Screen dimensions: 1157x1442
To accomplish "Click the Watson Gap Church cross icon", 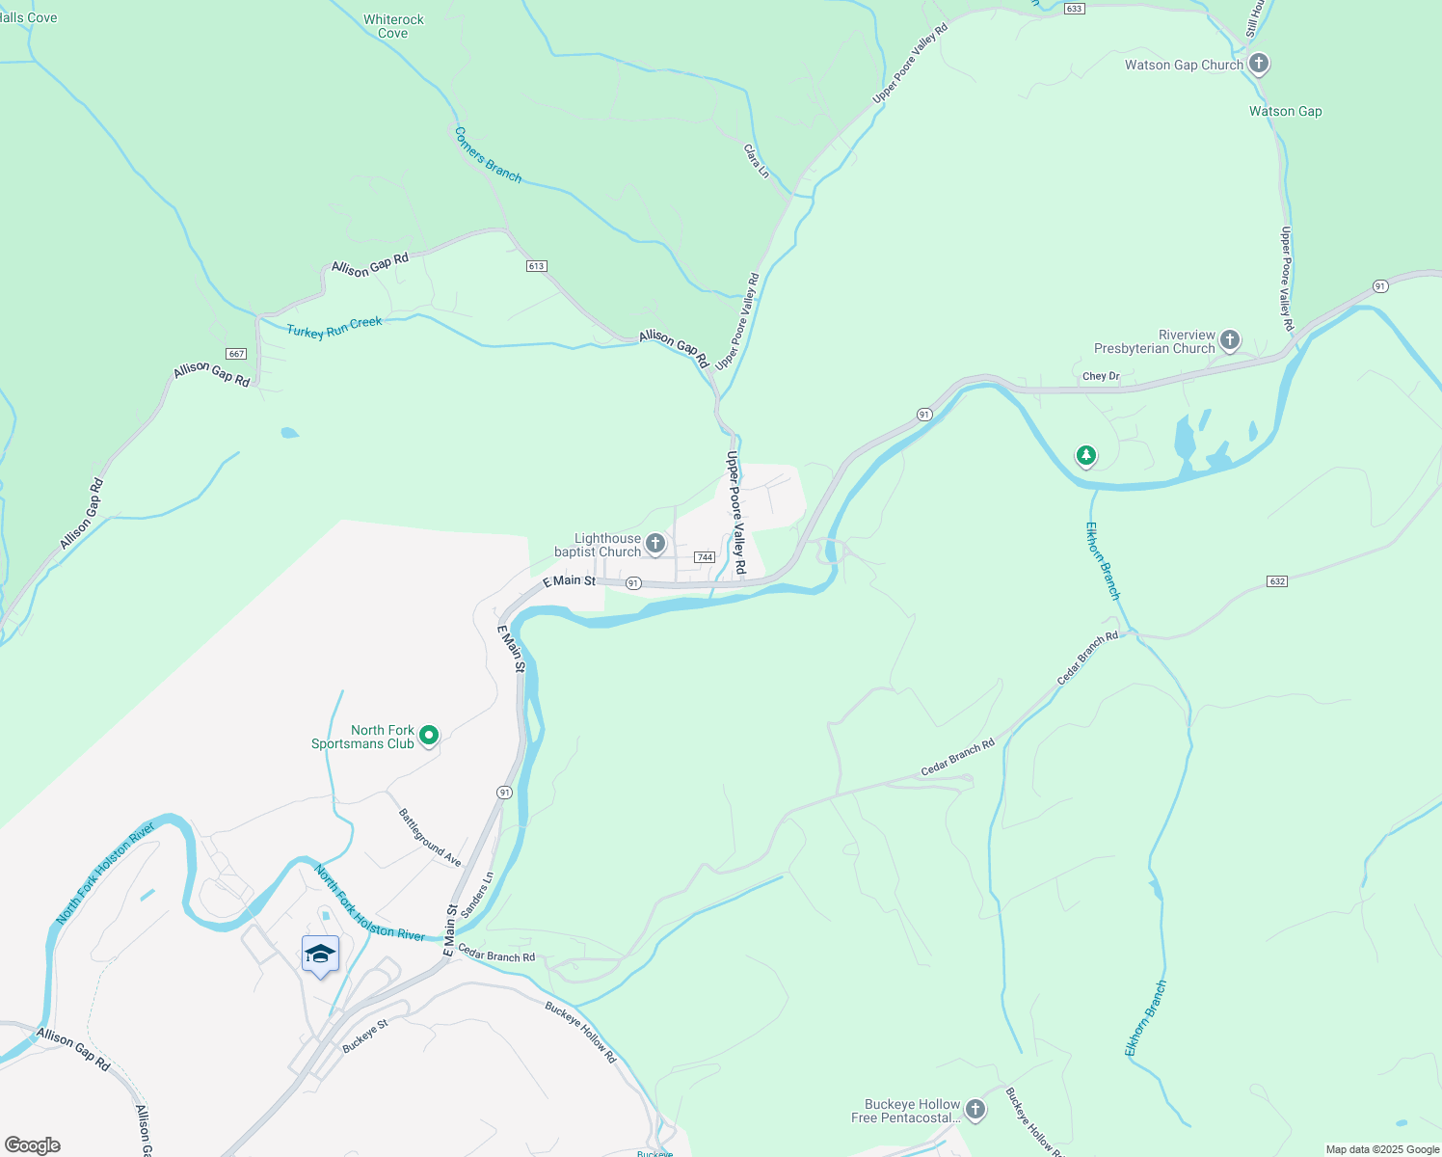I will [x=1258, y=64].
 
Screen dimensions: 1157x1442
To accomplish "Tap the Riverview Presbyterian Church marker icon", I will [x=1229, y=339].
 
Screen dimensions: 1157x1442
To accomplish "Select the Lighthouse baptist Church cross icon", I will [x=654, y=544].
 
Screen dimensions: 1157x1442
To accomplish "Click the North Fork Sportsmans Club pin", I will [x=429, y=736].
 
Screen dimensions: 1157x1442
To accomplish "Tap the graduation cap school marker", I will [x=320, y=955].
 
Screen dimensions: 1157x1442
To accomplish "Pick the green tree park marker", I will [x=1086, y=455].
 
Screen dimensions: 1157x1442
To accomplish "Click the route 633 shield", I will [x=1075, y=8].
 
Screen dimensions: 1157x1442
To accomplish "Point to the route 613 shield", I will [x=537, y=266].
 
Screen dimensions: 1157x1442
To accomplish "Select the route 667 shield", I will [x=236, y=354].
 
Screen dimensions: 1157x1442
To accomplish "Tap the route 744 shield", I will [x=705, y=557].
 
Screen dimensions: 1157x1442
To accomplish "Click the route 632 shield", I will [x=1277, y=581].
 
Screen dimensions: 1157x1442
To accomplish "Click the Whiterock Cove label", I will [x=393, y=26].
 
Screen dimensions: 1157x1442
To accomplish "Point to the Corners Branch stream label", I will [x=488, y=155].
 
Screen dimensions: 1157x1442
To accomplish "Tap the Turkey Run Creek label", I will [x=334, y=328].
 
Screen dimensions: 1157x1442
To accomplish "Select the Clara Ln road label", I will [x=757, y=161].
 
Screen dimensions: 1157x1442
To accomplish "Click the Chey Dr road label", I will [x=1101, y=376].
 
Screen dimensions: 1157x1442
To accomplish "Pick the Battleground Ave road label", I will [x=430, y=837].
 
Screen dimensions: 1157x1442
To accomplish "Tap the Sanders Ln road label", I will [x=477, y=896].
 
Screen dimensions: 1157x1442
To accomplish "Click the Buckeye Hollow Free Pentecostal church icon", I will [x=975, y=1110].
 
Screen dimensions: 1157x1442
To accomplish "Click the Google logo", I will [x=33, y=1145].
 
